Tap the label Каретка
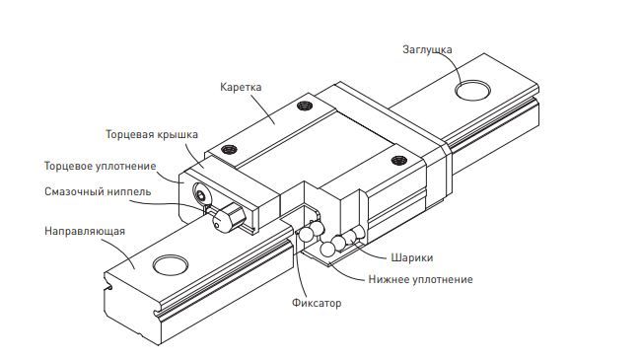tap(241, 87)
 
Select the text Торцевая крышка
tap(152, 133)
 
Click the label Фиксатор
tap(317, 303)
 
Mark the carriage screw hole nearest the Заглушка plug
tap(398, 158)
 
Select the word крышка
tap(178, 133)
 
